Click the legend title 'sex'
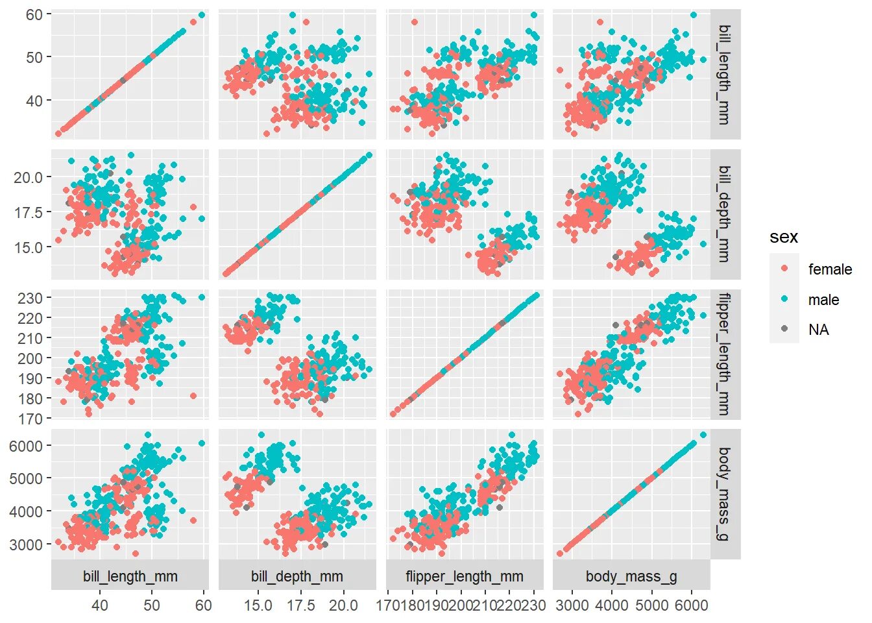coord(783,238)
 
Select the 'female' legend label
coord(830,269)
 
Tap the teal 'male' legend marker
coord(784,299)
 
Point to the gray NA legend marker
coord(784,329)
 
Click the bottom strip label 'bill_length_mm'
coord(130,576)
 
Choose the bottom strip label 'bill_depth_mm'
coord(297,576)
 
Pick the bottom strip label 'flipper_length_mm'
coord(464,576)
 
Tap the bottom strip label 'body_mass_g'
coord(631,576)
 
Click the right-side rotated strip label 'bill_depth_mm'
coord(725,214)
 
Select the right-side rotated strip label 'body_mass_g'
coord(725,493)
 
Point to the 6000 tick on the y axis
coord(26,446)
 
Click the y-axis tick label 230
coord(30,298)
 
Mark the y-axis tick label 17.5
coord(28,212)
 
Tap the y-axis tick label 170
coord(30,419)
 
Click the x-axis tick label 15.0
coord(258,605)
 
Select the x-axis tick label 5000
coord(651,605)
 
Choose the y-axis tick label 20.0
coord(28,177)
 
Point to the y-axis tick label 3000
coord(26,544)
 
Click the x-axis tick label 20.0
coord(343,605)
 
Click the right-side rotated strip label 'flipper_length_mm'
coord(725,354)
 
